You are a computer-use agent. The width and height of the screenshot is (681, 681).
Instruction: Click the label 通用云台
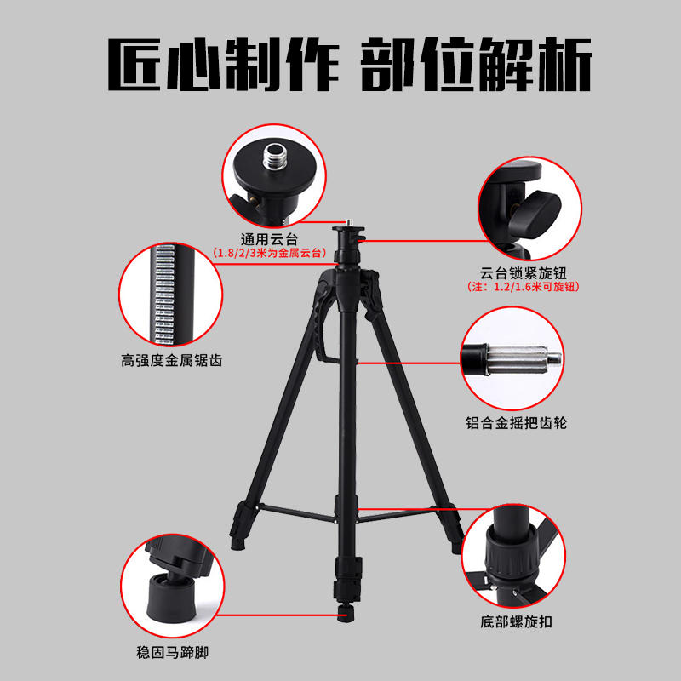[x=269, y=239]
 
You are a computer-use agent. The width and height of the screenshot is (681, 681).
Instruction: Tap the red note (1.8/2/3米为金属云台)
[x=269, y=253]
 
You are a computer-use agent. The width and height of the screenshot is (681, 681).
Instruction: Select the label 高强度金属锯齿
[x=172, y=360]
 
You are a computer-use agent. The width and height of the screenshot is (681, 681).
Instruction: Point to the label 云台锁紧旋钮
[x=523, y=272]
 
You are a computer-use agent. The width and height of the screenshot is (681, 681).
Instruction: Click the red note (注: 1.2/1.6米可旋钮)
[x=524, y=287]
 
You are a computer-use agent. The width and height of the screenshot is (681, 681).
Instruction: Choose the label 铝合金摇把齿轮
[x=516, y=422]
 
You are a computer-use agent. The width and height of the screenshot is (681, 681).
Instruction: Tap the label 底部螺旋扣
[x=516, y=621]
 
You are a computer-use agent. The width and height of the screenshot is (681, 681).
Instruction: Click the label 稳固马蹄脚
[x=173, y=652]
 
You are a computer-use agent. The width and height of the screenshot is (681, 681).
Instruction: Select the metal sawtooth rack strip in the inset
[x=164, y=294]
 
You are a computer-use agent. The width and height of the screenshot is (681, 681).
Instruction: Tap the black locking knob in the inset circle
[x=535, y=212]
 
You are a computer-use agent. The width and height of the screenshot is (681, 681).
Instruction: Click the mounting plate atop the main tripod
[x=348, y=229]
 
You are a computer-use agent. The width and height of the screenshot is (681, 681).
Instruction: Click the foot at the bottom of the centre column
[x=346, y=614]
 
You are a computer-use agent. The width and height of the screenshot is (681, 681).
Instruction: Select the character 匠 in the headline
[x=134, y=65]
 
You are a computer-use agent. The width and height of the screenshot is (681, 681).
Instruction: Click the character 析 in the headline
[x=565, y=65]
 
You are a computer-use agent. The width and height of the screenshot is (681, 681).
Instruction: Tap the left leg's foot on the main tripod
[x=237, y=543]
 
